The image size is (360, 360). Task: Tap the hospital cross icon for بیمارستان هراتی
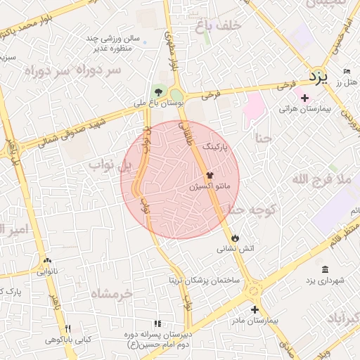pos(304,98)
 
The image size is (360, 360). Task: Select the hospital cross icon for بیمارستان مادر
pos(255,309)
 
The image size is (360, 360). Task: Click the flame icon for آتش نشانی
pos(235,238)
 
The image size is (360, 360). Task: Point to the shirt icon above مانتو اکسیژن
pos(209,176)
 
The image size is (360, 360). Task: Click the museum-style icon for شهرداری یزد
pos(324,270)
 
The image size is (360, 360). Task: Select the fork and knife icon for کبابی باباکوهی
pos(68,328)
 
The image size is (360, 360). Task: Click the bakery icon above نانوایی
pos(47,260)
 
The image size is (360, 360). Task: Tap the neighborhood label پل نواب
pos(110,165)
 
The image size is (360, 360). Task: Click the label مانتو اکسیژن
pos(215,188)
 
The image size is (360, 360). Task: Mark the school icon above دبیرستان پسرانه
pos(157,323)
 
